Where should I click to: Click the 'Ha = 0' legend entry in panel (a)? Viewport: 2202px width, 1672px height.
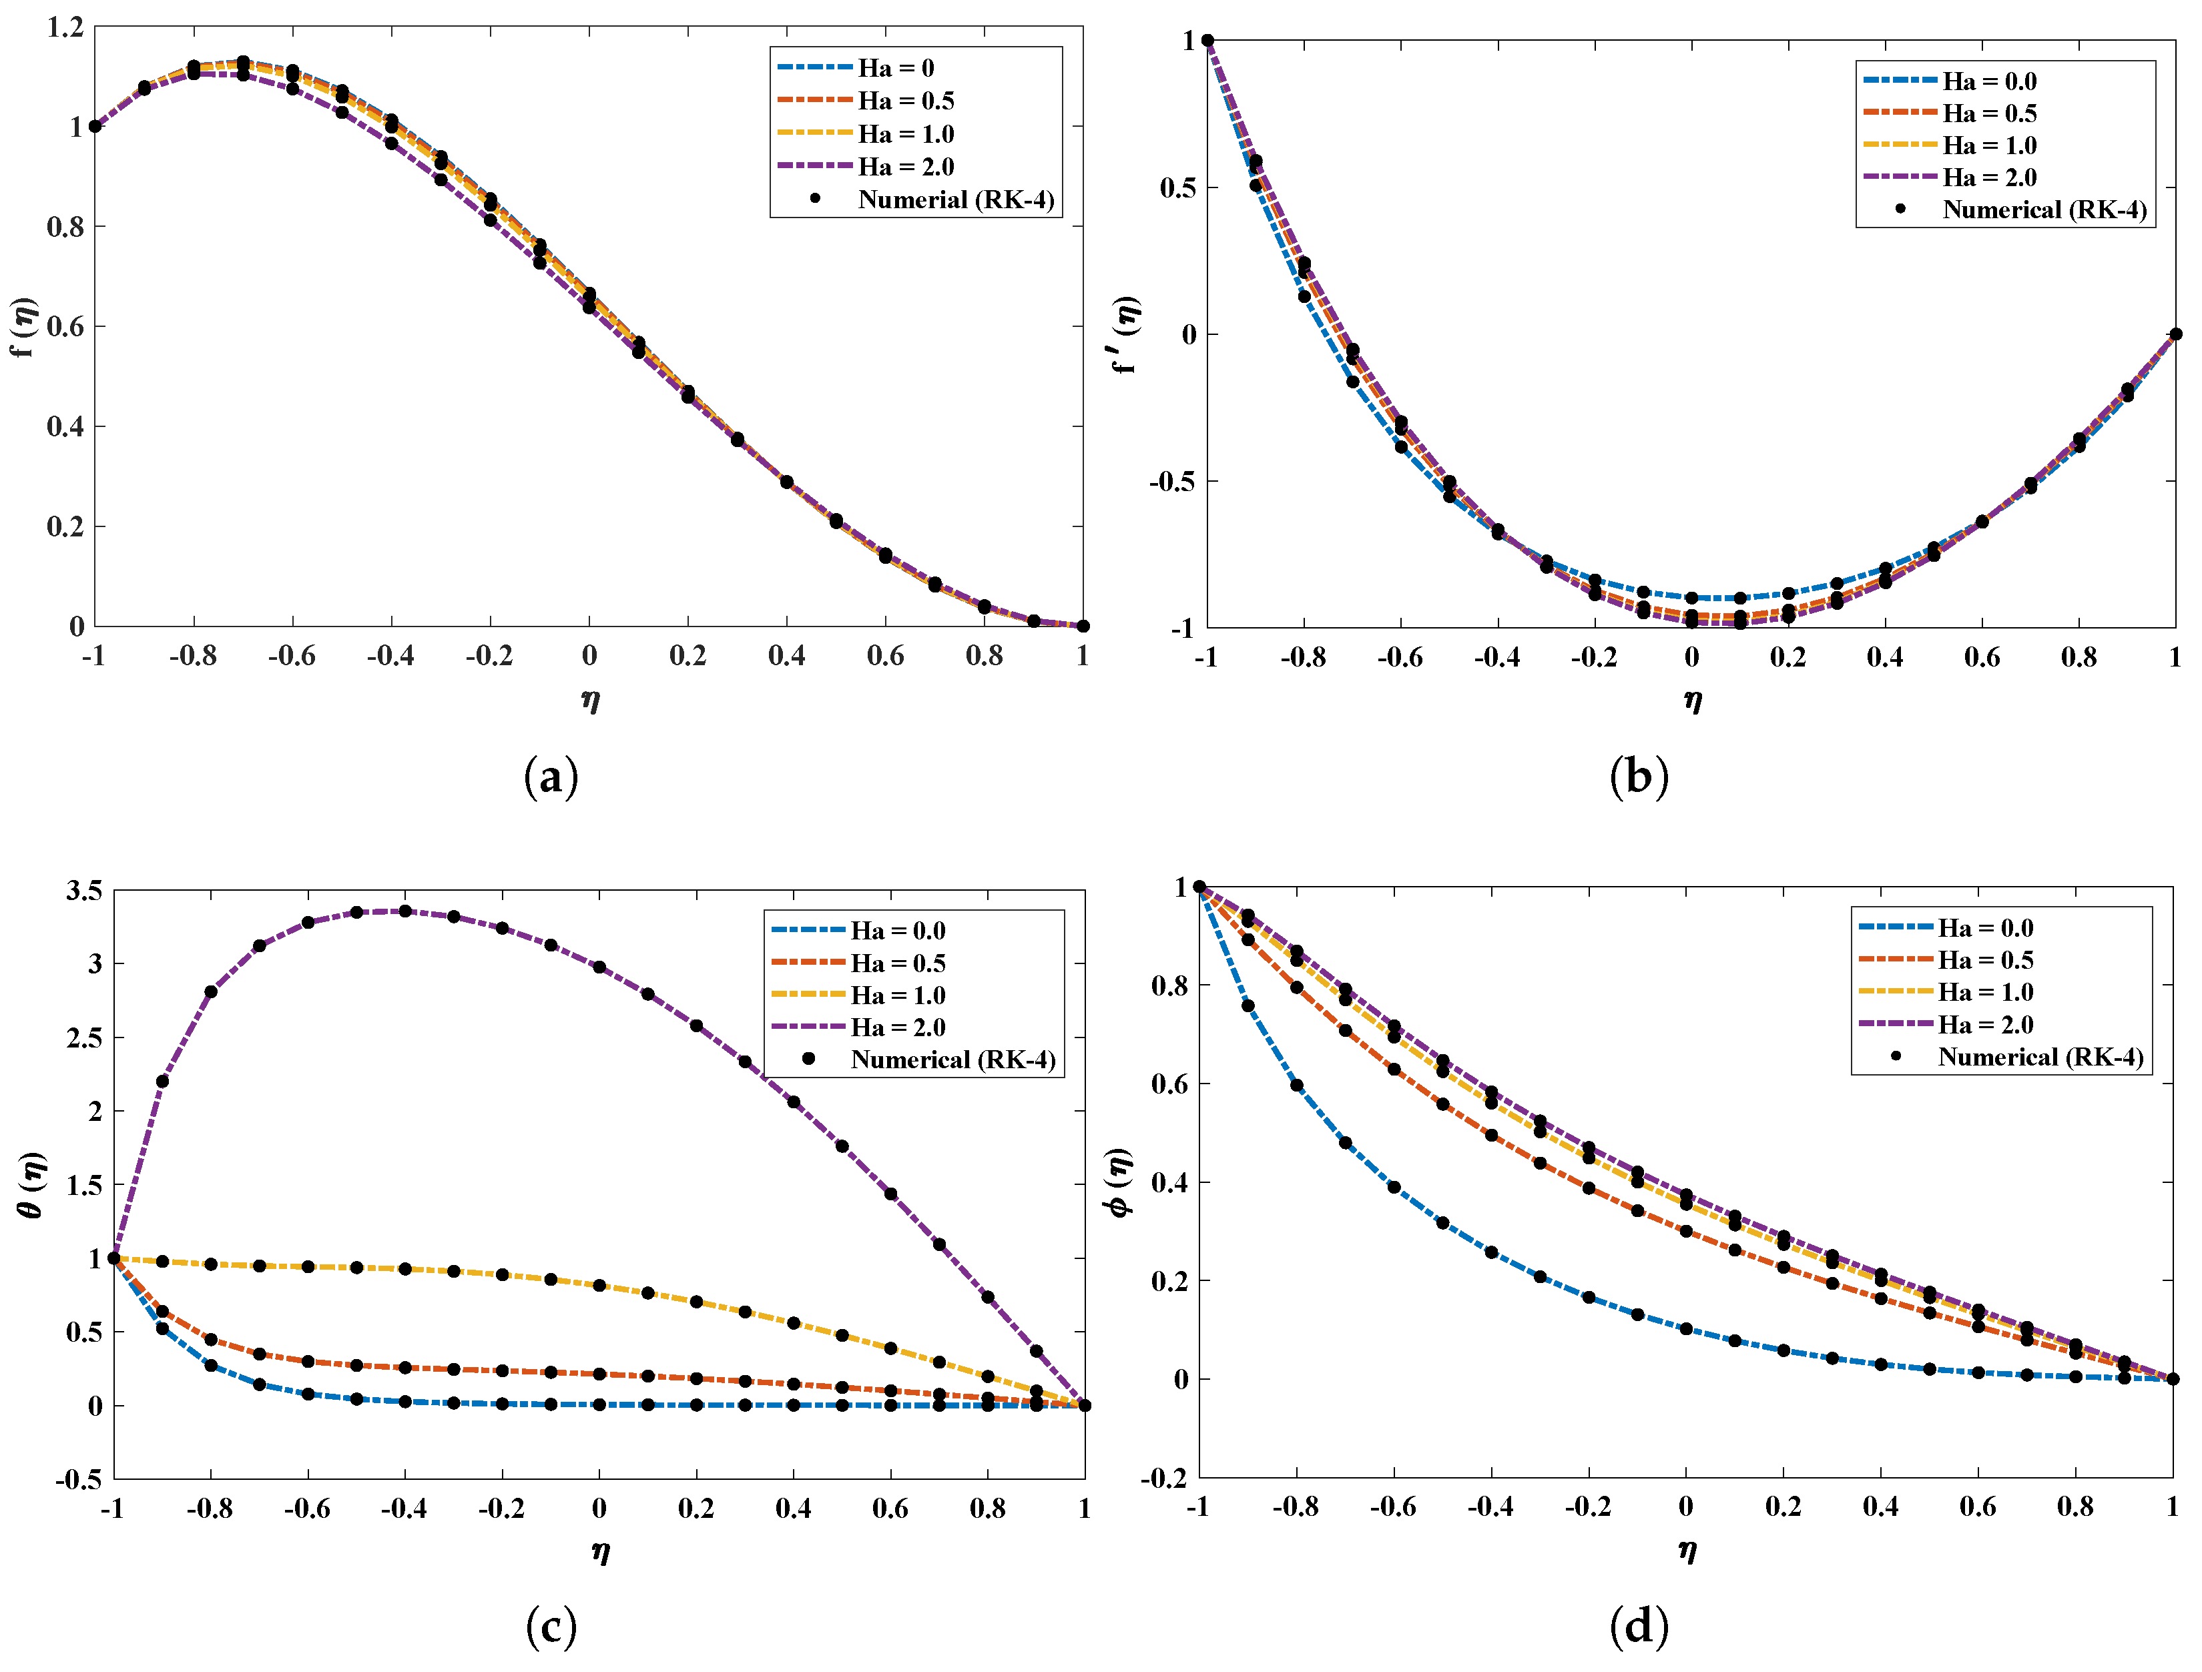[x=895, y=67]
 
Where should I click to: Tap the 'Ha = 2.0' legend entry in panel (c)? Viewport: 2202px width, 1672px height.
[x=897, y=1027]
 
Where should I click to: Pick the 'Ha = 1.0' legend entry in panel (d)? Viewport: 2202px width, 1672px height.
[x=1985, y=992]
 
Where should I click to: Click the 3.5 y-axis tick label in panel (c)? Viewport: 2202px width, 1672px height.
[x=83, y=891]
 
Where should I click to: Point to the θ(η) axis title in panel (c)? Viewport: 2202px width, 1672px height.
[x=32, y=1184]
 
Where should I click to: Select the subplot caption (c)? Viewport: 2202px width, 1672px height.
[x=551, y=1626]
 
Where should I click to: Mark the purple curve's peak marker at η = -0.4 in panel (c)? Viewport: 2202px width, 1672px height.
[x=405, y=911]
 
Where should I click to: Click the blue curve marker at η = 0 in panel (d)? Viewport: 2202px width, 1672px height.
[x=1685, y=1328]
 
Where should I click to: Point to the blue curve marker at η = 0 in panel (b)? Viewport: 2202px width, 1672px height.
[x=1691, y=598]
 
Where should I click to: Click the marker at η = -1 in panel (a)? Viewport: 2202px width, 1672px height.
[x=95, y=126]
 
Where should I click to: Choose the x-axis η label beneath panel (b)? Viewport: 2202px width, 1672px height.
[x=1692, y=700]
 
